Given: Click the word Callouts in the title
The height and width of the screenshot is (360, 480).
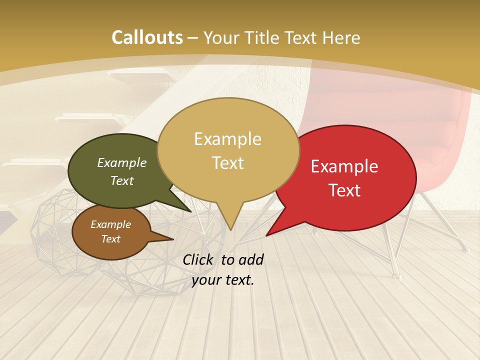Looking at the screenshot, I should click(147, 37).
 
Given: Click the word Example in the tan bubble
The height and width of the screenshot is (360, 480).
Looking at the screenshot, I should click(227, 139).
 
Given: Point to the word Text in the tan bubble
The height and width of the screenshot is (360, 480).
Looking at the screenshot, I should click(227, 163).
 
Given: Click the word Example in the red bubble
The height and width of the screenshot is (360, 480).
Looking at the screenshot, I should click(344, 166).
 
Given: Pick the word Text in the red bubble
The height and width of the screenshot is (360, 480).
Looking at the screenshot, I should click(344, 190).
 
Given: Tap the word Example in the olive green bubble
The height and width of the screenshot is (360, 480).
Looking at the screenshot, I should click(122, 163).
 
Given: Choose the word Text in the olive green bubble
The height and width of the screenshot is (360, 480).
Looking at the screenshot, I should click(122, 181).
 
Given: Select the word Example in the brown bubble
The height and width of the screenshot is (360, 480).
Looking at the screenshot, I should click(110, 225).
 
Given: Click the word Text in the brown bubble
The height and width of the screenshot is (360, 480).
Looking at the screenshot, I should click(110, 239).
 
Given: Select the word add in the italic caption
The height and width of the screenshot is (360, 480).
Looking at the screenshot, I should click(251, 259).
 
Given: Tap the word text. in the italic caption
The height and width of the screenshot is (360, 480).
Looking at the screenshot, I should click(239, 280).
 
